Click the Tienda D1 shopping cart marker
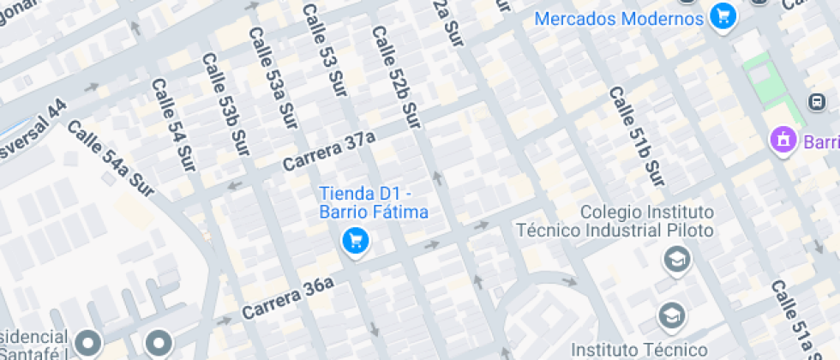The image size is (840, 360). click(x=355, y=241)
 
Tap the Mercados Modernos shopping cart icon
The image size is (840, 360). click(x=723, y=17)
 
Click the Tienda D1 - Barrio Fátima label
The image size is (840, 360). click(x=373, y=202)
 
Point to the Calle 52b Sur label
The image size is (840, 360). click(x=394, y=76)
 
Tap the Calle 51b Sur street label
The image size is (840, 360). click(x=637, y=137)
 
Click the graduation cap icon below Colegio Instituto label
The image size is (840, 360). click(x=677, y=258)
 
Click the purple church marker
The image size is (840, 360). click(x=781, y=138)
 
